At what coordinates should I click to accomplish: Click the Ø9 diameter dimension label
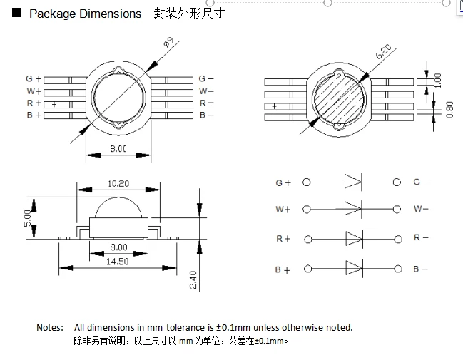(x=168, y=42)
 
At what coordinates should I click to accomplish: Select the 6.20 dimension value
(x=383, y=51)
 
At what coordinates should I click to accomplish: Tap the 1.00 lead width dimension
(x=438, y=81)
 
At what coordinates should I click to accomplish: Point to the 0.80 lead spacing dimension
(x=449, y=110)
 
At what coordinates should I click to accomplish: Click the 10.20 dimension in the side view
(x=118, y=184)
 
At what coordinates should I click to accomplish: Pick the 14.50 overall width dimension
(x=118, y=262)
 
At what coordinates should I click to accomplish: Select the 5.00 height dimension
(x=27, y=218)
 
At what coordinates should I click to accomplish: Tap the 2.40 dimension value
(x=193, y=280)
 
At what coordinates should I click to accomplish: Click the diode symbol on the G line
(x=353, y=181)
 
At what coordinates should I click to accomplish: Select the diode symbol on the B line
(x=354, y=268)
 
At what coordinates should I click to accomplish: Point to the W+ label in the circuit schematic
(x=283, y=210)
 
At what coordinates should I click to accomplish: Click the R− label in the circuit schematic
(x=421, y=237)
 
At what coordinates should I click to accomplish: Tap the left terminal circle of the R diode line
(x=308, y=239)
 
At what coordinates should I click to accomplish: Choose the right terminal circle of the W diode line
(x=397, y=209)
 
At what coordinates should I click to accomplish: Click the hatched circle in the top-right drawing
(x=339, y=99)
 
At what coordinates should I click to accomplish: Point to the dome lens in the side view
(x=118, y=207)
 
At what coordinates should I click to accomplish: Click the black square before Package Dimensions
(x=17, y=12)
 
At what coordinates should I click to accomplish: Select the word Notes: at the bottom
(x=50, y=327)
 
